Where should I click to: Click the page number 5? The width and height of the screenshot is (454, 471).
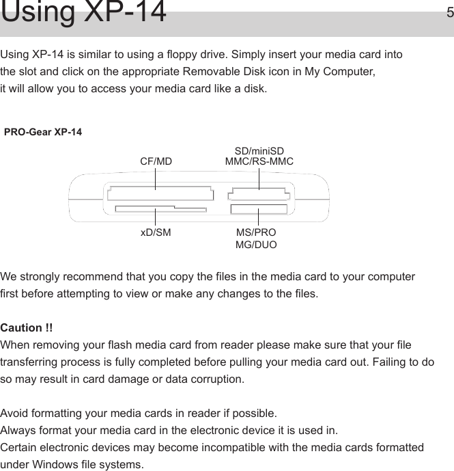[x=449, y=12]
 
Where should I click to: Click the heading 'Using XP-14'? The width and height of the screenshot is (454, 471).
[x=84, y=14]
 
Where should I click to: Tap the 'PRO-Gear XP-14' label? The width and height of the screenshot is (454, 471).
[x=43, y=131]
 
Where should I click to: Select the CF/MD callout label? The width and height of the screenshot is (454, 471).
[x=156, y=162]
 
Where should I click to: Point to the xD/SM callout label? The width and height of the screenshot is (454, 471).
[x=156, y=232]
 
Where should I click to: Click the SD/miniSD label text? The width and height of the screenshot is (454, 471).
[x=259, y=150]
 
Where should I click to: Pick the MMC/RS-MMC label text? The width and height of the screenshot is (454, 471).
[x=259, y=162]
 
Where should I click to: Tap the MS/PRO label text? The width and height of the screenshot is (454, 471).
[x=256, y=232]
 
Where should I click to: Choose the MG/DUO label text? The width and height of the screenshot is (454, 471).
[x=256, y=244]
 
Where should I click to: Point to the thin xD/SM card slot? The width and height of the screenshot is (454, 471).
[x=160, y=209]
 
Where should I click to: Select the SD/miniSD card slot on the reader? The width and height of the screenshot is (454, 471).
[x=259, y=195]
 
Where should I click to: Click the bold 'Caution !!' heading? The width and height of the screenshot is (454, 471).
[x=27, y=329]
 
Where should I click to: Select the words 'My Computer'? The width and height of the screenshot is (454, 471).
[x=343, y=72]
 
